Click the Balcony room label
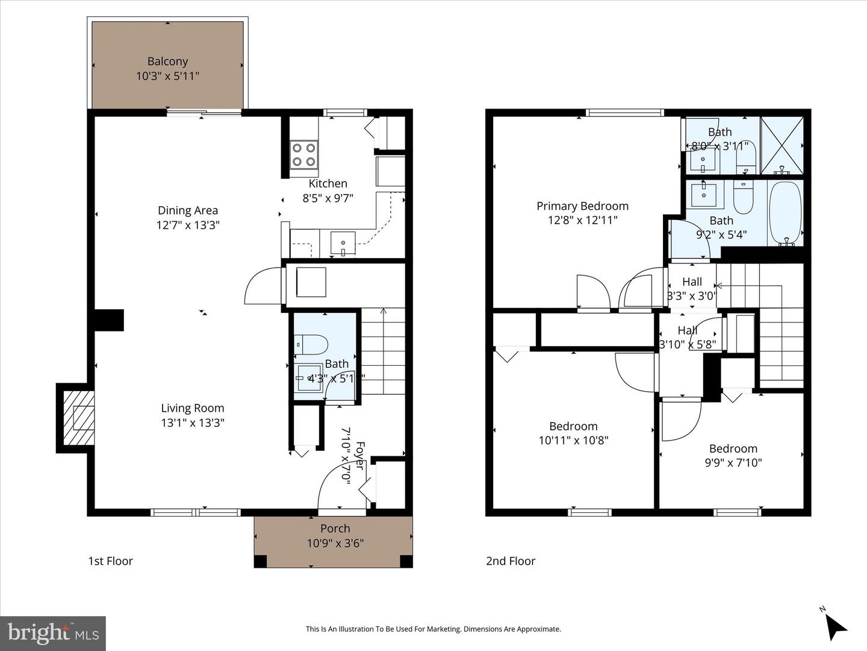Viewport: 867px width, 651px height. [x=167, y=61]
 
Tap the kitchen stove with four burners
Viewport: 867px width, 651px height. [x=304, y=154]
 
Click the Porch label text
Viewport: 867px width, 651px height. [x=335, y=529]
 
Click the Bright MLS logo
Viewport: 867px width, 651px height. [x=53, y=633]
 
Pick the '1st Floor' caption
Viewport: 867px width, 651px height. [x=110, y=561]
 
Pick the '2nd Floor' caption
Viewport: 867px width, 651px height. [x=511, y=561]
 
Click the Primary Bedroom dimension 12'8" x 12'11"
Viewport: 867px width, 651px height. [x=582, y=221]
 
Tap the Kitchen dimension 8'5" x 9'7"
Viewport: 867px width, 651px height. [x=328, y=197]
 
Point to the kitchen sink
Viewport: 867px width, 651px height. [x=342, y=244]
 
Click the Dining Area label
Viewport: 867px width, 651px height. [x=188, y=210]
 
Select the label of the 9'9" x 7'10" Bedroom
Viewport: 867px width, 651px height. [x=733, y=448]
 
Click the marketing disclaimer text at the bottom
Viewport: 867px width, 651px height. [x=433, y=629]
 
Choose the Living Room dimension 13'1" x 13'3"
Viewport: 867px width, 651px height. [x=192, y=423]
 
